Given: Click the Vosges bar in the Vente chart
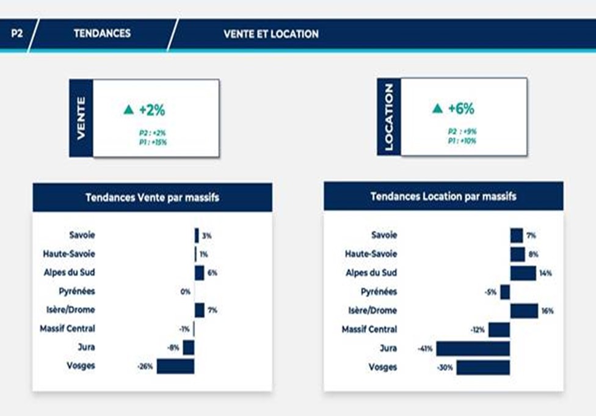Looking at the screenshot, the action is (176, 366).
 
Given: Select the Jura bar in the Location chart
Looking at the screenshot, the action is (473, 349).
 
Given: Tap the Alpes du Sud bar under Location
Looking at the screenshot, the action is (523, 273).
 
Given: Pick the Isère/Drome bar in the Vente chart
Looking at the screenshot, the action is (200, 310).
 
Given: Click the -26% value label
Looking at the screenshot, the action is (145, 367).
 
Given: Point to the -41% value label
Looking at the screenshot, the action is (425, 349).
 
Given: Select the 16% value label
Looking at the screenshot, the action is (547, 311).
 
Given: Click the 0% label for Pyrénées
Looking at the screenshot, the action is (186, 291).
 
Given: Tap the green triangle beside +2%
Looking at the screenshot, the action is (129, 109).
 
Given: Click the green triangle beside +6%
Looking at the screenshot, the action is (437, 108).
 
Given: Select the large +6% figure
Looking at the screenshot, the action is (461, 108).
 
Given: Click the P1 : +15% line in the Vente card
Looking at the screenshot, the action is (153, 142).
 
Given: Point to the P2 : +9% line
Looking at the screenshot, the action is (462, 131).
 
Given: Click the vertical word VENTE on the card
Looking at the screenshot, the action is (81, 119).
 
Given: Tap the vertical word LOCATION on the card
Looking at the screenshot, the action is (388, 117).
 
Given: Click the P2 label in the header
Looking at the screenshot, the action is (16, 34).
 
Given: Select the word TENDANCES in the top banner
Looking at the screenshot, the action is (102, 34).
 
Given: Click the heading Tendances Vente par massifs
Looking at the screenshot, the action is (153, 197).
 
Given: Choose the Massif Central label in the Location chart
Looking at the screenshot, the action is (369, 329).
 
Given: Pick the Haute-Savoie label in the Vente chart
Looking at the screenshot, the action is (69, 254).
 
